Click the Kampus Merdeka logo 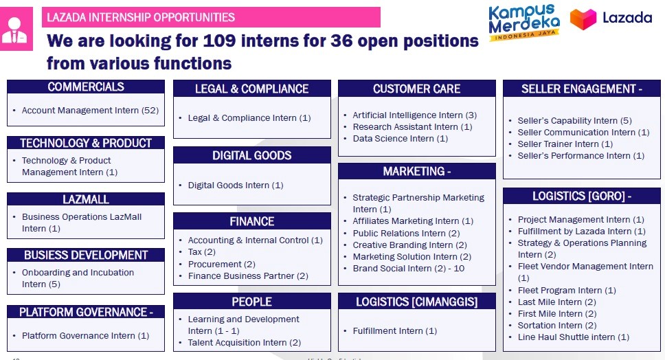click(524, 22)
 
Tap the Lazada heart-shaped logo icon click(583, 19)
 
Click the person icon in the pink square click(14, 30)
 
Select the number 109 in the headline click(219, 41)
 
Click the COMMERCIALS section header click(86, 87)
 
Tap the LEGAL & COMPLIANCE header click(252, 89)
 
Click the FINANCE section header click(252, 221)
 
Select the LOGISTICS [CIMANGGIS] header click(417, 301)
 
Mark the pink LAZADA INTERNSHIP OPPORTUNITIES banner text click(141, 17)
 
